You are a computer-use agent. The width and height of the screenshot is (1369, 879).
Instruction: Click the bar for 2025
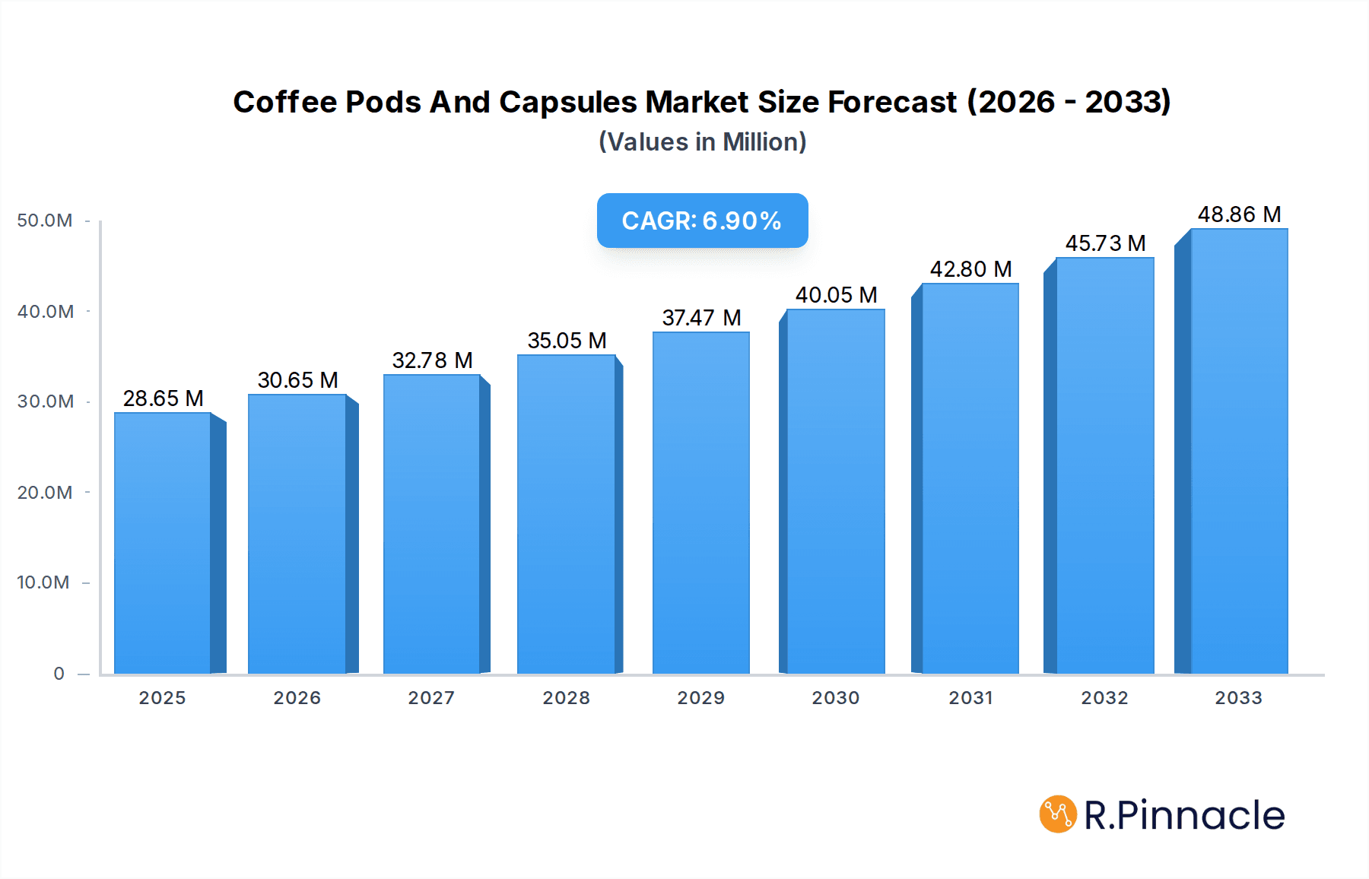[x=163, y=543]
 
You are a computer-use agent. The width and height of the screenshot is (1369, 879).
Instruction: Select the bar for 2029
[x=700, y=503]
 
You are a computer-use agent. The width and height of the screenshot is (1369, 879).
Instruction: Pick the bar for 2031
[x=970, y=478]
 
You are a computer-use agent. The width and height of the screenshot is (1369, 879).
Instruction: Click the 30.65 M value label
[x=297, y=380]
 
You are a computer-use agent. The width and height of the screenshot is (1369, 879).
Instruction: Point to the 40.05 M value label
[x=836, y=295]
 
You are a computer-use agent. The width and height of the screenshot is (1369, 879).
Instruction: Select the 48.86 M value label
[x=1239, y=214]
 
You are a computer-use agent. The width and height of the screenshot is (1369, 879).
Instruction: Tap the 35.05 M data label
[x=567, y=341]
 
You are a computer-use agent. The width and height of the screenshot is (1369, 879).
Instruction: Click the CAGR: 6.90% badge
[x=702, y=221]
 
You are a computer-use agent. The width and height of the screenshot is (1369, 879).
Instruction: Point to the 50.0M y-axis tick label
[x=45, y=221]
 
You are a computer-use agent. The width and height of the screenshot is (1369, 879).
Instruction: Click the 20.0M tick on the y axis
[x=45, y=493]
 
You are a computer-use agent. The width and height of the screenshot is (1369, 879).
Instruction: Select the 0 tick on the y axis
[x=59, y=674]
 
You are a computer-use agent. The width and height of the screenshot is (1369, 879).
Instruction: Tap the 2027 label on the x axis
[x=431, y=698]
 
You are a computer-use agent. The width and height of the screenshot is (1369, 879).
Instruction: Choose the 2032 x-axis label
[x=1104, y=698]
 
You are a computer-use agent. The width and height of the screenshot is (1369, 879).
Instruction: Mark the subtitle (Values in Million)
[x=702, y=142]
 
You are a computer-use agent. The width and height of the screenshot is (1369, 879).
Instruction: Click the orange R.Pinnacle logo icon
[x=1057, y=814]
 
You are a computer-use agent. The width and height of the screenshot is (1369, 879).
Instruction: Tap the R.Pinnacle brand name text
[x=1183, y=815]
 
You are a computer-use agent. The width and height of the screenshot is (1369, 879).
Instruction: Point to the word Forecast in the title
[x=892, y=102]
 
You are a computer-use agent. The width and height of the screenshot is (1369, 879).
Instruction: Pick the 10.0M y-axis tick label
[x=43, y=582]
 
